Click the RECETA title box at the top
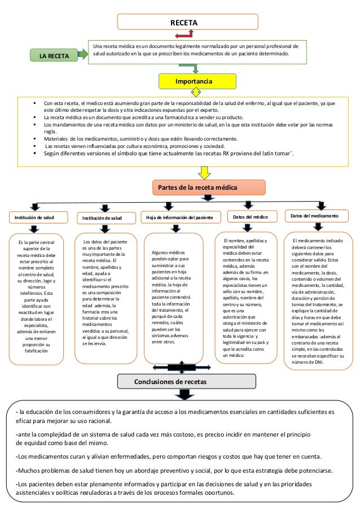pyautogui.click(x=187, y=22)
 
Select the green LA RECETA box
pyautogui.click(x=55, y=56)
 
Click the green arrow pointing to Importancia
pyautogui.click(x=195, y=68)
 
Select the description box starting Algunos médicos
pyautogui.click(x=175, y=297)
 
